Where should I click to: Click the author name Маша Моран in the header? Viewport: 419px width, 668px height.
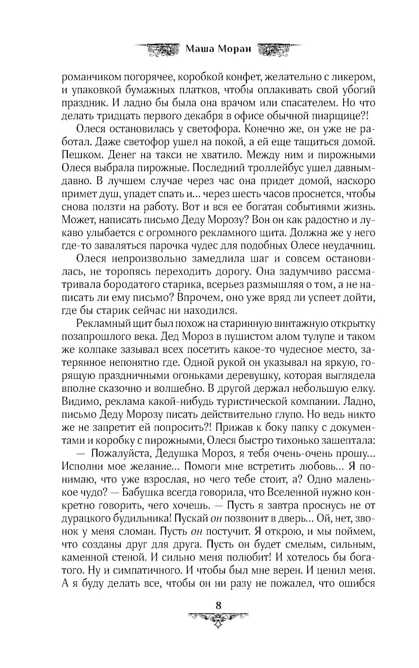pos(218,49)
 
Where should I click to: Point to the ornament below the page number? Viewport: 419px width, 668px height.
pos(218,618)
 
